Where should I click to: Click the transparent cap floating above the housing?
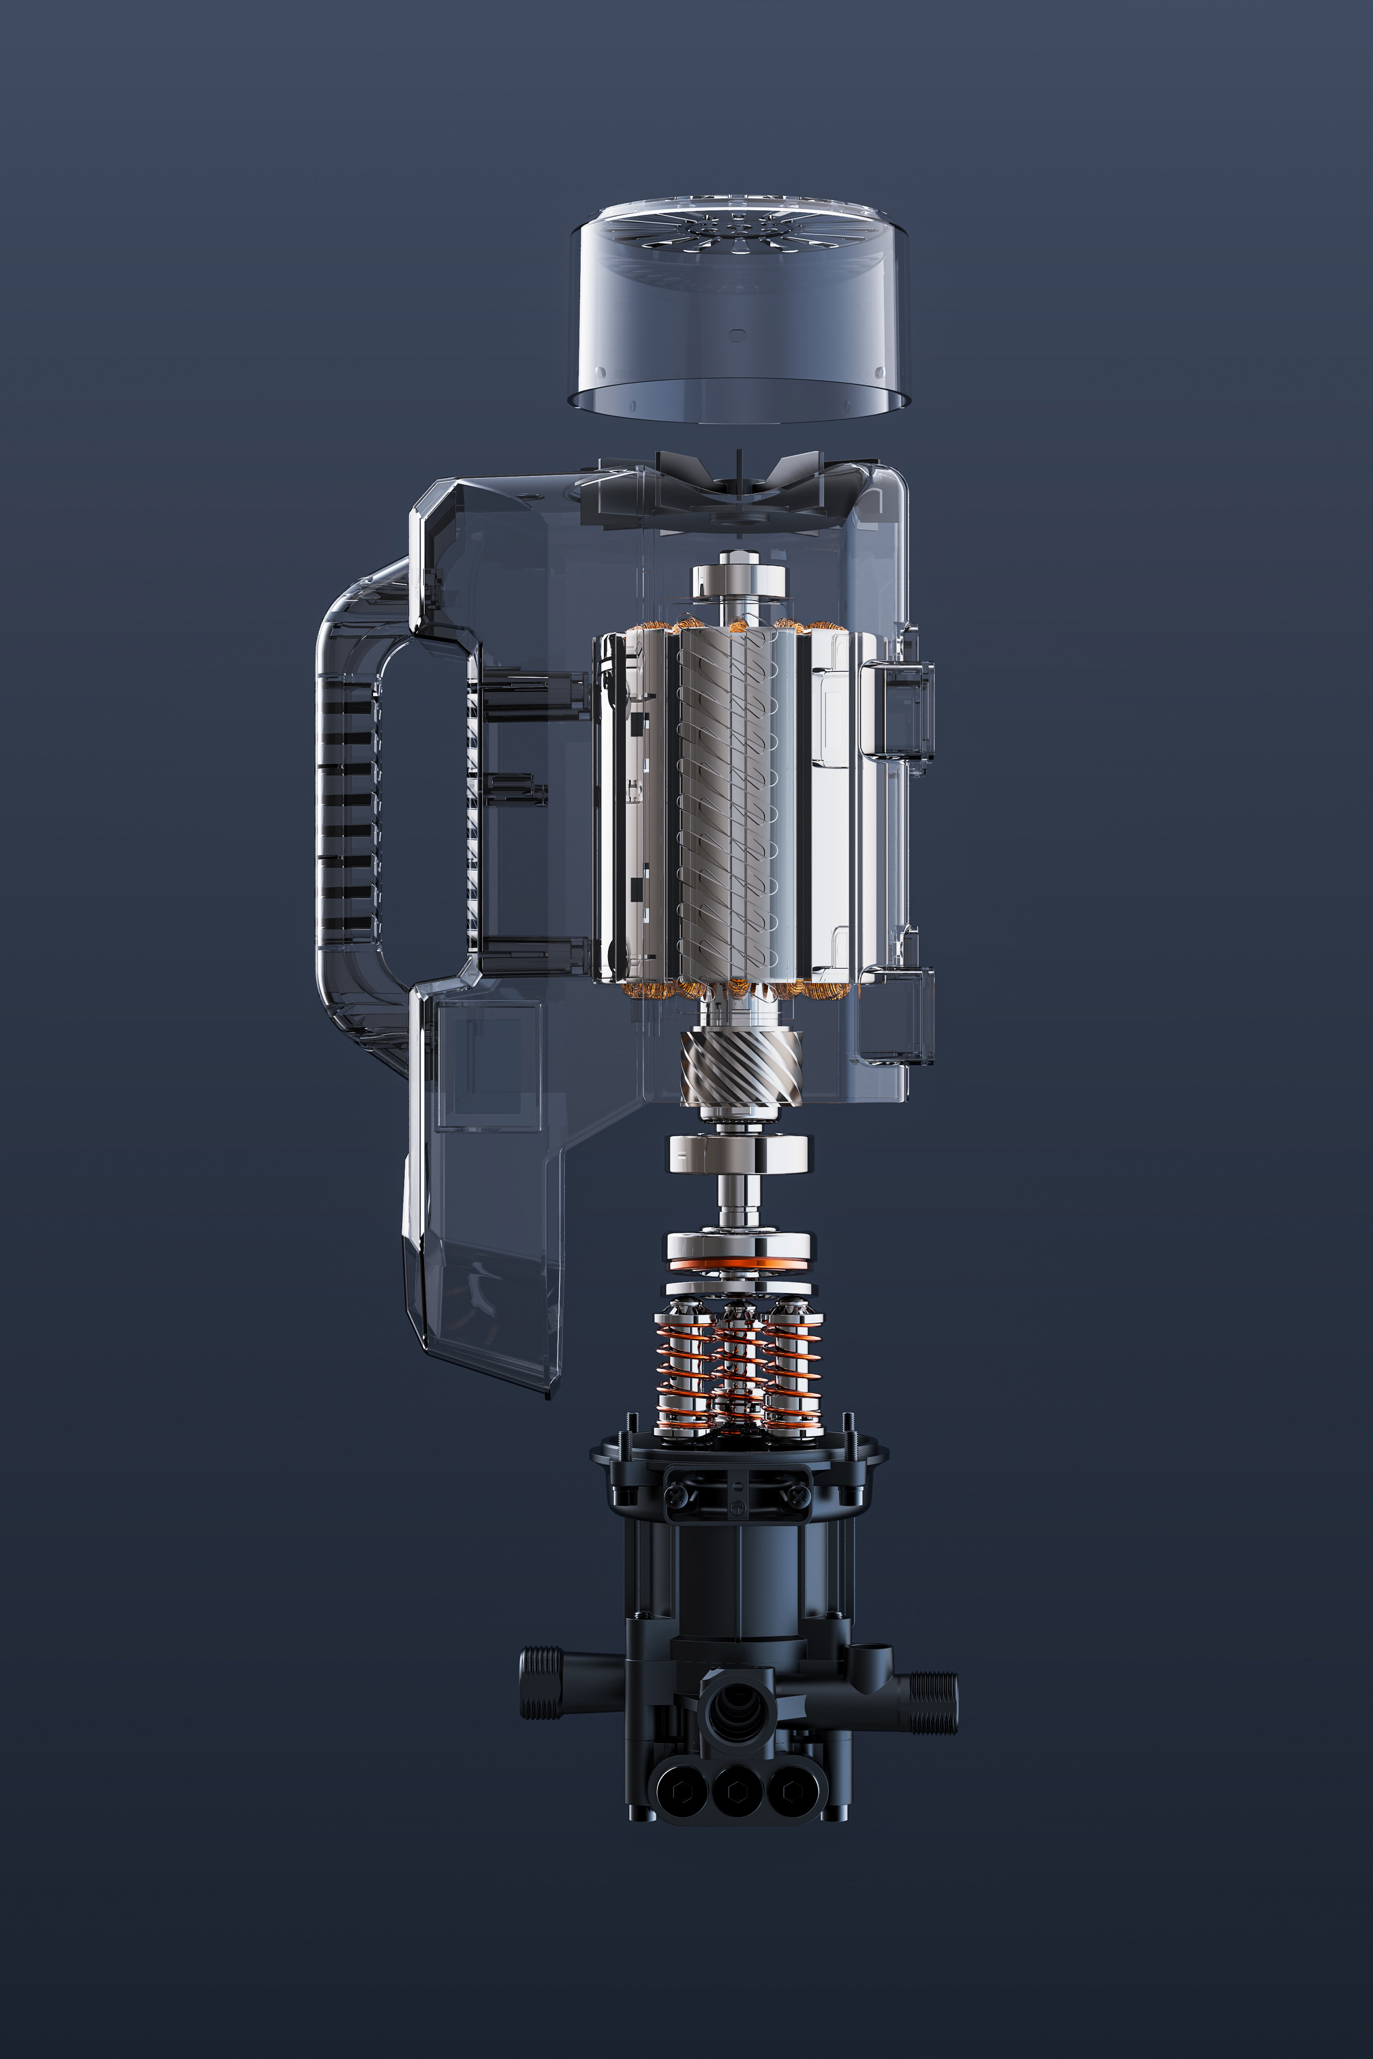coord(740,315)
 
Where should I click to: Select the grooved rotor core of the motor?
coord(727,806)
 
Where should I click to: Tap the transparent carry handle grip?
coord(346,806)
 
